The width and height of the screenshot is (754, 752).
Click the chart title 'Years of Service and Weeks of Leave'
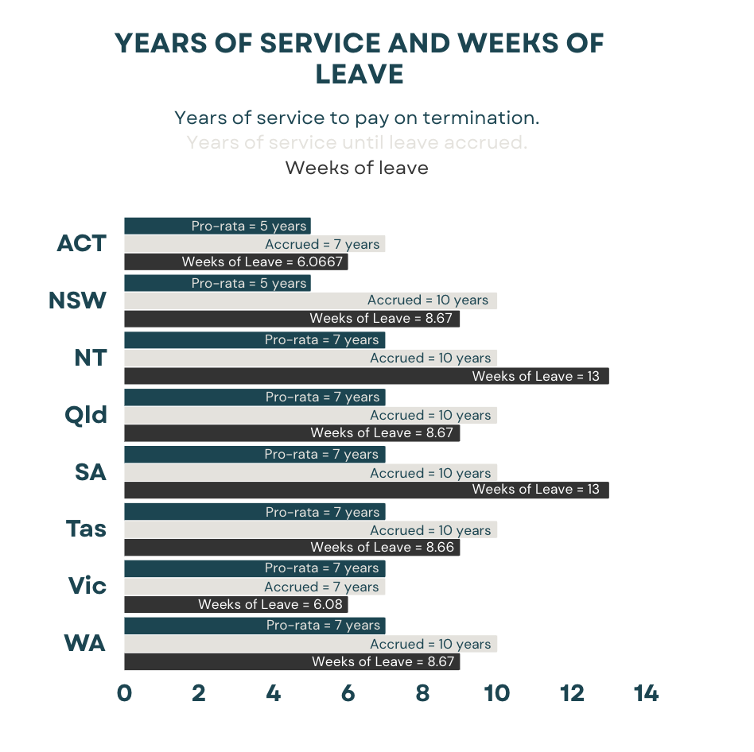(x=360, y=58)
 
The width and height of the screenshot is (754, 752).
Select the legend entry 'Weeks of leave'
(x=356, y=169)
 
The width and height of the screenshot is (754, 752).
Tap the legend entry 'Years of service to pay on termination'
(x=356, y=118)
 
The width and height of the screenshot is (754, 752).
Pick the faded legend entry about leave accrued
(x=356, y=143)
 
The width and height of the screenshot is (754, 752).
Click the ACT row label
(x=81, y=243)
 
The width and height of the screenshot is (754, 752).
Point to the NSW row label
(x=77, y=300)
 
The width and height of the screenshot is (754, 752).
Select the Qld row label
(x=86, y=415)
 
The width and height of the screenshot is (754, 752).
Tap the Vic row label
(x=87, y=587)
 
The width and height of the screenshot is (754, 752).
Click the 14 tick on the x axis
(x=646, y=694)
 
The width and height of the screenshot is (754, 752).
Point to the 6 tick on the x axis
(x=348, y=694)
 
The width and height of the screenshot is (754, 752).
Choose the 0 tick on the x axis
(x=124, y=694)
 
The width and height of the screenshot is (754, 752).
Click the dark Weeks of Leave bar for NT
(x=366, y=376)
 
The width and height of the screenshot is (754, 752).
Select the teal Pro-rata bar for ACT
(x=217, y=226)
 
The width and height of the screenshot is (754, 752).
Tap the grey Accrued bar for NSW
(x=310, y=300)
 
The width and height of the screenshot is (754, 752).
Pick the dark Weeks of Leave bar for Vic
(x=235, y=605)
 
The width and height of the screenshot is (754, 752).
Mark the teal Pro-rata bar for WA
(x=255, y=626)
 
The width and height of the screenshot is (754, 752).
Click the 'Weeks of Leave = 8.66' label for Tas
(x=383, y=548)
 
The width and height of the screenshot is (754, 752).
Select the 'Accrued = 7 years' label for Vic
(x=321, y=587)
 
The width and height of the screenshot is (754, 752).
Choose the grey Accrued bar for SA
(x=310, y=473)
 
